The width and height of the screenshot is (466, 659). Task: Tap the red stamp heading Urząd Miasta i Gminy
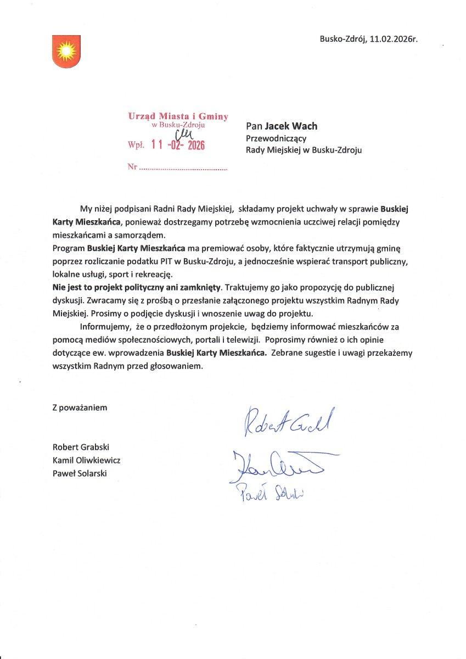pyautogui.click(x=178, y=116)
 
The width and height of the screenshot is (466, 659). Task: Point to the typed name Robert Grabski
pyautogui.click(x=81, y=447)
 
